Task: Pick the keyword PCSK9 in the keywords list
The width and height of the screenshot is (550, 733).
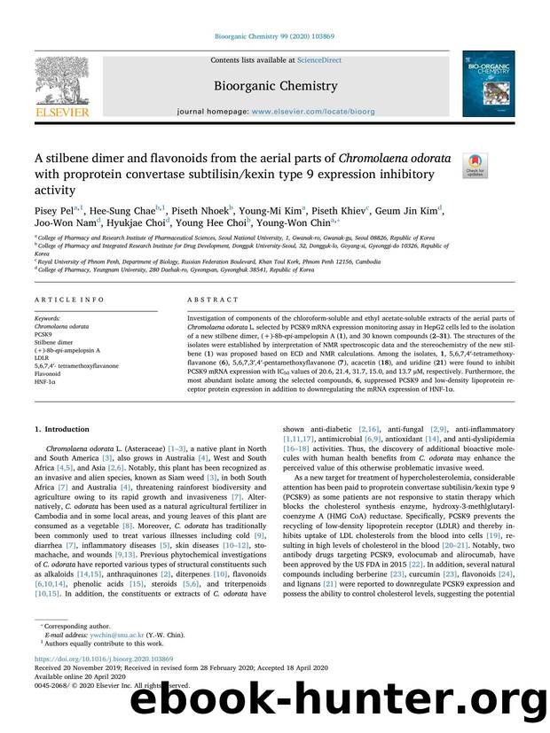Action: [43, 333]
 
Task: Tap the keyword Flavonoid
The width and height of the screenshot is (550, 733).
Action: [48, 373]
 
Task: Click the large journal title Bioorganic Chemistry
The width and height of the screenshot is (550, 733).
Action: [274, 86]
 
